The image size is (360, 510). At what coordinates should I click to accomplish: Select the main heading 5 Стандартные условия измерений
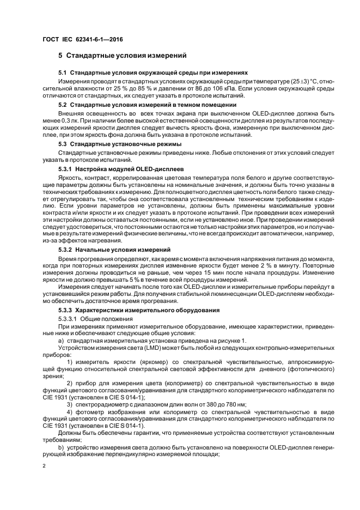(123, 55)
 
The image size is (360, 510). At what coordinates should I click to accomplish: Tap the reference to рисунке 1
(231, 341)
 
